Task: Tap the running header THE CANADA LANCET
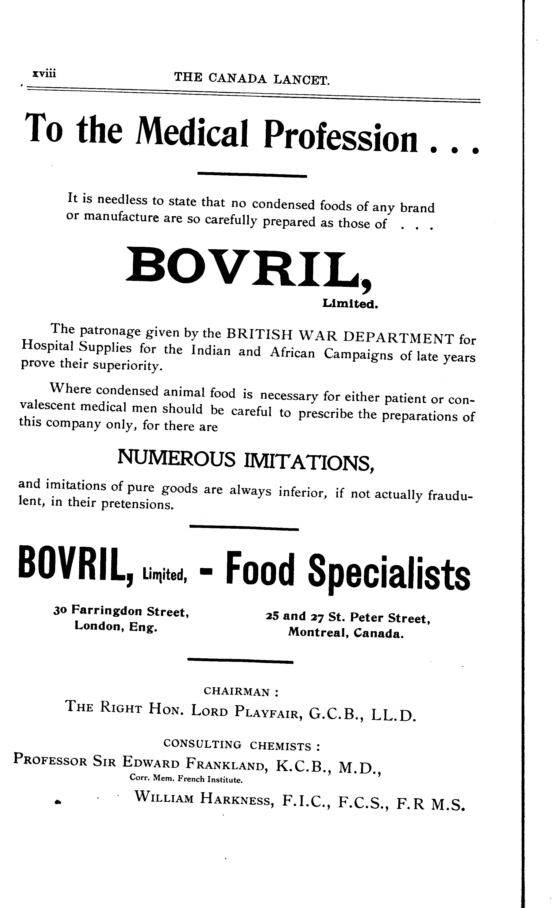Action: [252, 78]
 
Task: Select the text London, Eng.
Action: [116, 627]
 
